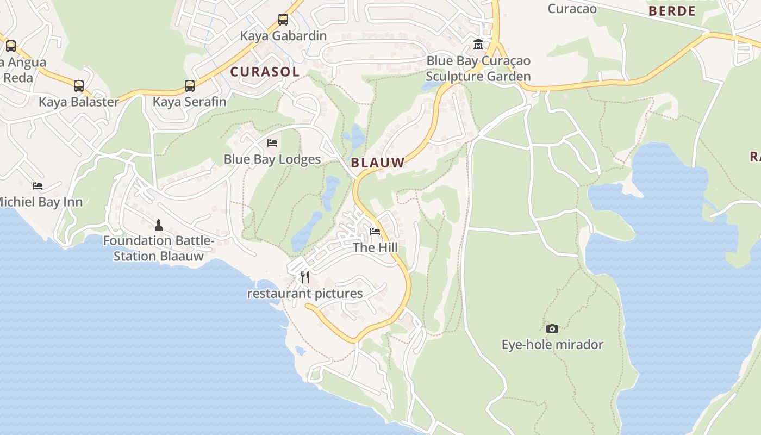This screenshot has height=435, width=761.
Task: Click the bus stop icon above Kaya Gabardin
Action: pos(283,20)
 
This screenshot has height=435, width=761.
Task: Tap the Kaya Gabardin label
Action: pos(283,36)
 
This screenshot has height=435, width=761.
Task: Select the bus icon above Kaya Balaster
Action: pos(79,85)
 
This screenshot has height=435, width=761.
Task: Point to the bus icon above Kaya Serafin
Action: pos(189,85)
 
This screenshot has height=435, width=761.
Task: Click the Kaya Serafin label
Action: pos(189,102)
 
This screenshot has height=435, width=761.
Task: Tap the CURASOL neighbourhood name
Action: pos(265,72)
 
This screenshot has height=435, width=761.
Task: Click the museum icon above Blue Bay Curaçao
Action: pos(478,44)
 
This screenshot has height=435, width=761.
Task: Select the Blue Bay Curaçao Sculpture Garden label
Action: pos(478,69)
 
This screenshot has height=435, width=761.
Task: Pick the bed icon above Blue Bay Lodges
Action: pos(272,143)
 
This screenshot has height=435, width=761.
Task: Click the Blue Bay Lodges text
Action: pos(272,159)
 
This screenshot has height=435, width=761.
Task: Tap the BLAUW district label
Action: pos(378,163)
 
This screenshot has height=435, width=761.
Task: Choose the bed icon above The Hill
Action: pos(375,232)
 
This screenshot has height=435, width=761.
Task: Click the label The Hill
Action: pos(375,248)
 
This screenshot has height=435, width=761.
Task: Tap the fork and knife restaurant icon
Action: pos(305,277)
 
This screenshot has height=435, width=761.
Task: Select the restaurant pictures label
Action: pos(305,294)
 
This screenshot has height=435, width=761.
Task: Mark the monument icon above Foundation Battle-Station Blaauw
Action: pos(159,224)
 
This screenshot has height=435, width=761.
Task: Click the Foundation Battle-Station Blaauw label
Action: pos(159,248)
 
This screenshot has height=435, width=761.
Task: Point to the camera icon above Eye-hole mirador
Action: pos(552,328)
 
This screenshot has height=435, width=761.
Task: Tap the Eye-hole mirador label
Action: pos(552,345)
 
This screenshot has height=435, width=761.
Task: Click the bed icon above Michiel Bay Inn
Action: pos(37,186)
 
